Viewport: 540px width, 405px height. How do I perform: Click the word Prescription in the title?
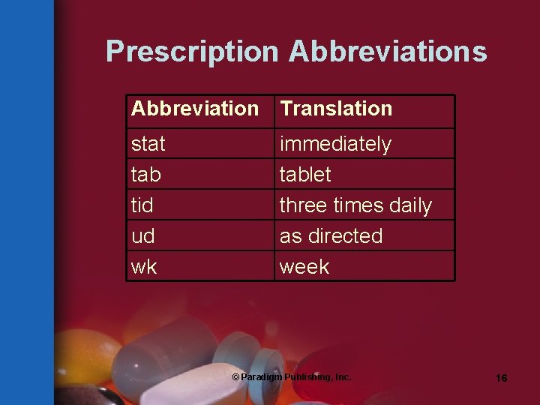pos(192,52)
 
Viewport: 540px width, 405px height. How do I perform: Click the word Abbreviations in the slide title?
pos(388,52)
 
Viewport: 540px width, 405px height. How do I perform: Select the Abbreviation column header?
pos(194,109)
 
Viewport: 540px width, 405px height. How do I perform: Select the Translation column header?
pos(336,109)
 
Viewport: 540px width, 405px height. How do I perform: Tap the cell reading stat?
pos(148,143)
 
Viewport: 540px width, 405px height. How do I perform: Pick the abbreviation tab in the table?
pos(146,175)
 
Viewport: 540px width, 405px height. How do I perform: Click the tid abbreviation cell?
pos(142,205)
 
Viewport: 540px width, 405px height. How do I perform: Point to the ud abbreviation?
pos(142,236)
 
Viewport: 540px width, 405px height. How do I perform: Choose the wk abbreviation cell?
pos(144,267)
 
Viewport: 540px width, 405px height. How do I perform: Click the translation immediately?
pos(335,143)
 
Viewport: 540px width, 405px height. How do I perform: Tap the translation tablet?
pos(305,175)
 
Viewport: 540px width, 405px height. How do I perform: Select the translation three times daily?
pos(355,205)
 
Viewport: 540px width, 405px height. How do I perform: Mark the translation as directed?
pos(331,236)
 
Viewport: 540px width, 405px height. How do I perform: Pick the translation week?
pos(304,267)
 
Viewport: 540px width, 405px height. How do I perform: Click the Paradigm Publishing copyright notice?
pos(291,377)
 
